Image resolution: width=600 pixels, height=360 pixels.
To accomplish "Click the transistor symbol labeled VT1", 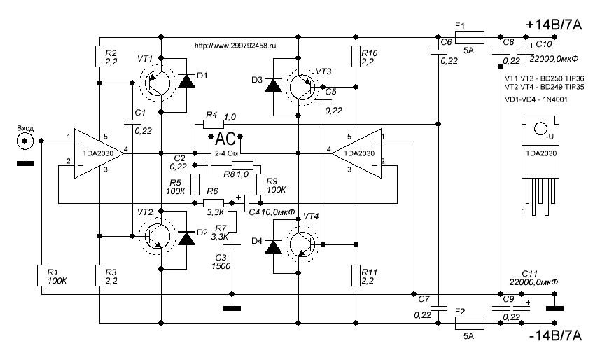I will pyautogui.click(x=157, y=82).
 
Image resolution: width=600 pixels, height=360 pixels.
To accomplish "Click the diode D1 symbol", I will pyautogui.click(x=186, y=81).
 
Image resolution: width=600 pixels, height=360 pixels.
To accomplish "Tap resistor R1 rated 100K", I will pyautogui.click(x=41, y=276).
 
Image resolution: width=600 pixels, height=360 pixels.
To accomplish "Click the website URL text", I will pyautogui.click(x=235, y=46).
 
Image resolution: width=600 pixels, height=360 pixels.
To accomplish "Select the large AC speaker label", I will pyautogui.click(x=225, y=139).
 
